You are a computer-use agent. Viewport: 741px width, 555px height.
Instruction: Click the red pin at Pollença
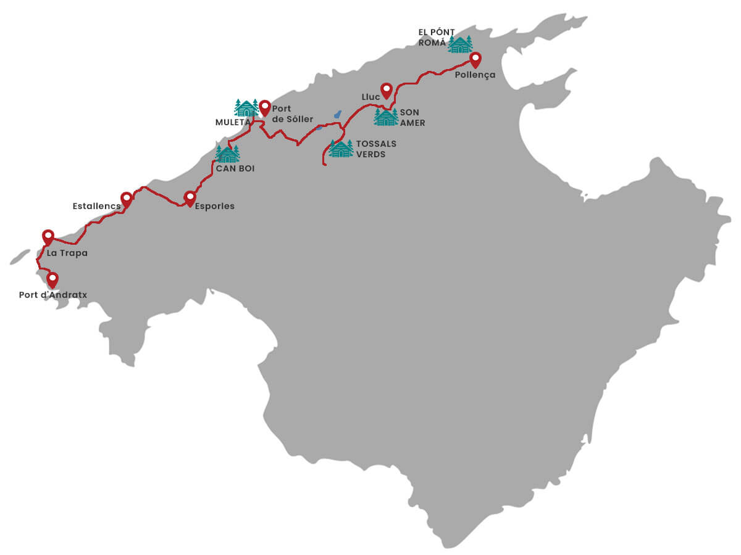(x=475, y=59)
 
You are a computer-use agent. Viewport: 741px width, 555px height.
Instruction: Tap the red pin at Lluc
(x=387, y=90)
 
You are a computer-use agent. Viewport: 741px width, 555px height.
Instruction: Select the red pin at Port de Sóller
(x=265, y=107)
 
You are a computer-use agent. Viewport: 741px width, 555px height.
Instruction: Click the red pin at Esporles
(x=190, y=197)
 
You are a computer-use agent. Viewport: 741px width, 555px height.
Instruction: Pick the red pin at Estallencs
(x=127, y=198)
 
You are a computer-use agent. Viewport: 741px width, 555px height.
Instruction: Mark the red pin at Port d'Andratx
(x=52, y=279)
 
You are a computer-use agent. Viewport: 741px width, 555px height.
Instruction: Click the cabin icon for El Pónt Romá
(x=460, y=44)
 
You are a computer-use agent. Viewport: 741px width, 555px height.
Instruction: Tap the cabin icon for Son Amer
(x=386, y=117)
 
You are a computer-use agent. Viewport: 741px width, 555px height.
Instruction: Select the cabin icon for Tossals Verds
(x=341, y=149)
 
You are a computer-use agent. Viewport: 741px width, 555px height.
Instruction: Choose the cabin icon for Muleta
(x=247, y=108)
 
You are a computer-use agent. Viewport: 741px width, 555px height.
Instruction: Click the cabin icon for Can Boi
(x=227, y=154)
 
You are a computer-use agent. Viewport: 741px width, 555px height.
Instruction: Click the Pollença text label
(x=475, y=75)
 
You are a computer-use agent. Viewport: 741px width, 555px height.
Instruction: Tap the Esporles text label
(x=214, y=206)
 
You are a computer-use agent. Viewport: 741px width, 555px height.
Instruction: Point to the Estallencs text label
(x=96, y=205)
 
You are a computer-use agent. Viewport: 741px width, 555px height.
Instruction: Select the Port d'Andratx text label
(x=53, y=295)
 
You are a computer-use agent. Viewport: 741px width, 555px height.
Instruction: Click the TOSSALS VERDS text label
(x=376, y=149)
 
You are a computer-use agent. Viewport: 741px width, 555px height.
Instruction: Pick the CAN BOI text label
(x=235, y=168)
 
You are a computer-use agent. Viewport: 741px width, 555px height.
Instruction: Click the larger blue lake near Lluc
(x=337, y=115)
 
